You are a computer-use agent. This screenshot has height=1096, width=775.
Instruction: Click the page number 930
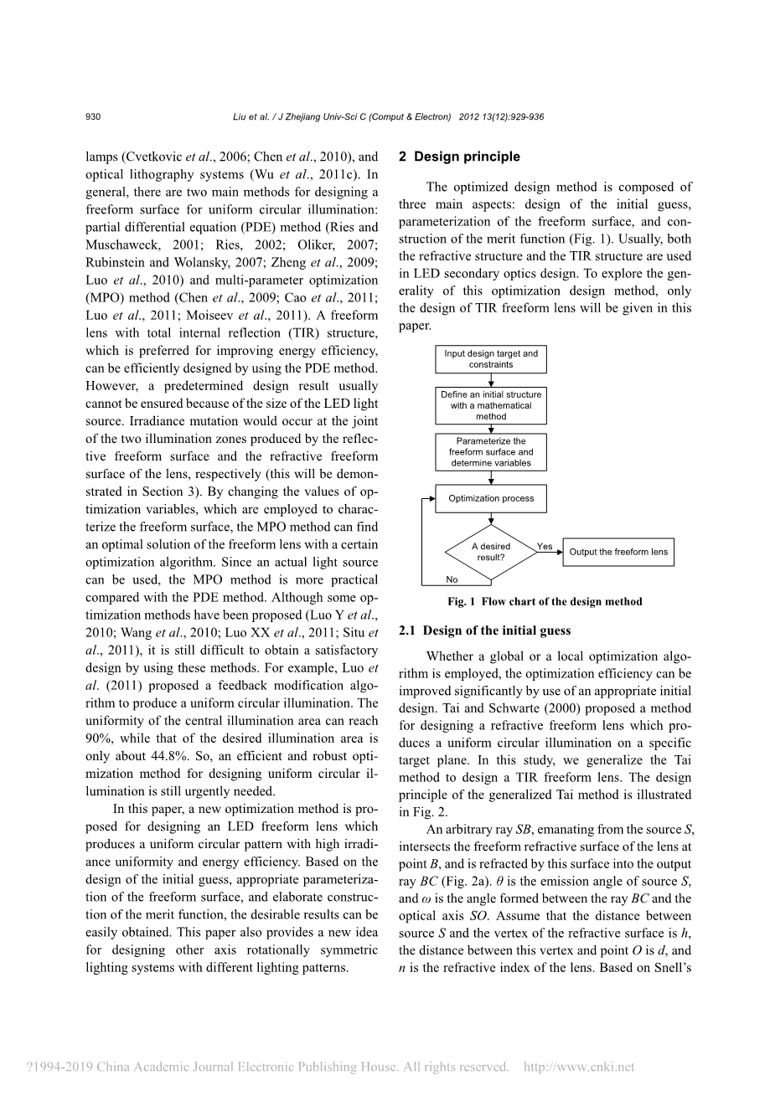pos(93,117)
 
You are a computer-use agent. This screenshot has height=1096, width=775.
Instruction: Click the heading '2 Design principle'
pos(459,157)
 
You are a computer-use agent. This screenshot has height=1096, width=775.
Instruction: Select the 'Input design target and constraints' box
pos(491,359)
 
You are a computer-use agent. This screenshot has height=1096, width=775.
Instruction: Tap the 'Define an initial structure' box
pos(491,405)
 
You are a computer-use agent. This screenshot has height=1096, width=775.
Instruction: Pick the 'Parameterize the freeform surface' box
pos(491,452)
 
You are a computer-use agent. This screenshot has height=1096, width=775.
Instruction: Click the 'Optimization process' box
pos(491,498)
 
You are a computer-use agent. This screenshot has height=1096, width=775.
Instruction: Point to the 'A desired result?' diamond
pos(491,552)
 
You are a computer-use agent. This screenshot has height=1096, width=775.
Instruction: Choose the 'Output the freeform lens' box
pos(618,552)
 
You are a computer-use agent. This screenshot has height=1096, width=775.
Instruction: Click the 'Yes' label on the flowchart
pos(545,546)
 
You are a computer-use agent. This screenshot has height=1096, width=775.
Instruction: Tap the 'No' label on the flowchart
pos(452,579)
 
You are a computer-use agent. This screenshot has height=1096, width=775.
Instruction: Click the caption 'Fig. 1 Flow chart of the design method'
pos(545,601)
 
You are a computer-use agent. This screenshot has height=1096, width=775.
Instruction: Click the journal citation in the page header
pos(388,117)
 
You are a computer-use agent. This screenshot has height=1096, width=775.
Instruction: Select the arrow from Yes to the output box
pos(550,553)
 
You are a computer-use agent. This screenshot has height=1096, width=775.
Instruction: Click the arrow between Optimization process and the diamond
pos(491,518)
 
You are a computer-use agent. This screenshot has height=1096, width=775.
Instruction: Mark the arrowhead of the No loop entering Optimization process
pos(431,498)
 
